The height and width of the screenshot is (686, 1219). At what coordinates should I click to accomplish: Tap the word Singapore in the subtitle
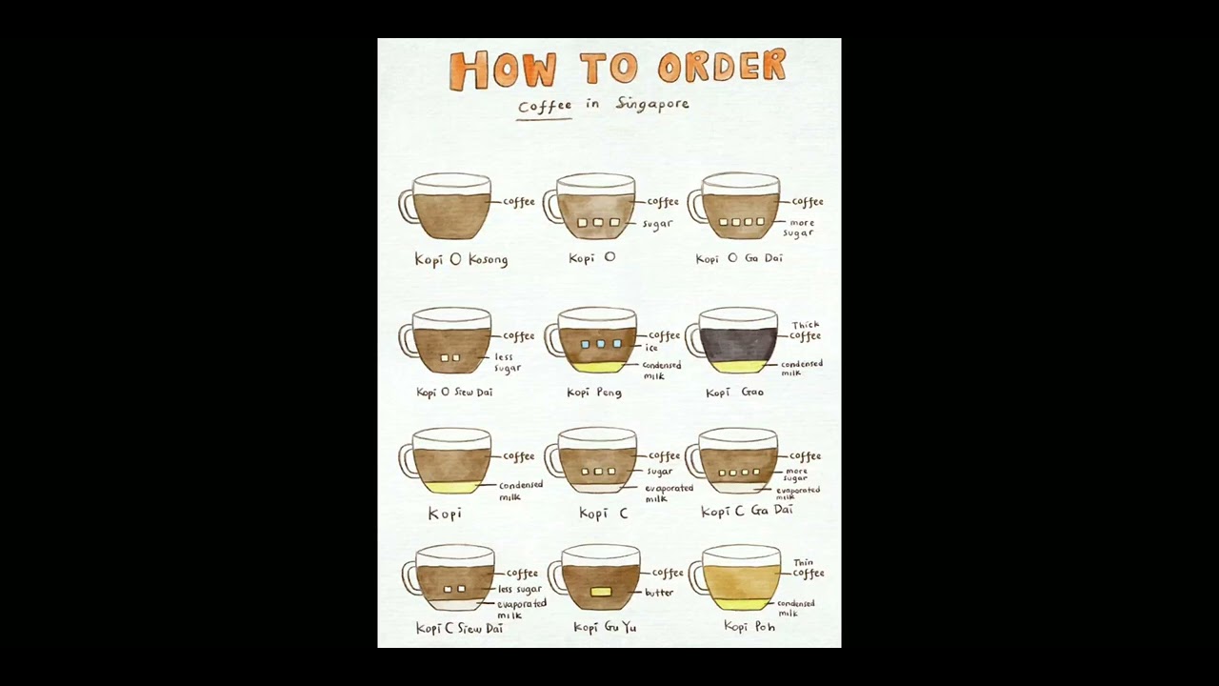click(652, 104)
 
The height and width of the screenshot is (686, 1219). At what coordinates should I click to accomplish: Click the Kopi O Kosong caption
click(461, 259)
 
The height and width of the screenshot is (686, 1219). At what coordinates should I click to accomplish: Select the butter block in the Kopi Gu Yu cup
click(601, 592)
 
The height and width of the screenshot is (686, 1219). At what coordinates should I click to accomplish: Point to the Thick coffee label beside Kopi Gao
click(805, 331)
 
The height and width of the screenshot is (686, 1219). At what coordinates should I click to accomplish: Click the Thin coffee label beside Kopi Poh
click(808, 568)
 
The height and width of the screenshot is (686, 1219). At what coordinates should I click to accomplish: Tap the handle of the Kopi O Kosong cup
click(408, 206)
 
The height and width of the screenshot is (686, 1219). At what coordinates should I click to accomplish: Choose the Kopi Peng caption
click(594, 393)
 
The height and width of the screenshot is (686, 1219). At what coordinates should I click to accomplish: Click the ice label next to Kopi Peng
click(651, 348)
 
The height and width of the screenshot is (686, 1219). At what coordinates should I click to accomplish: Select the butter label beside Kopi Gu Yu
click(659, 593)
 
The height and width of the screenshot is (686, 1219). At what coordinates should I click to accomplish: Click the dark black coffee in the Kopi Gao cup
click(739, 345)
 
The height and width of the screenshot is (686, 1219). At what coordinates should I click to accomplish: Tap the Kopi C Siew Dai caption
click(459, 629)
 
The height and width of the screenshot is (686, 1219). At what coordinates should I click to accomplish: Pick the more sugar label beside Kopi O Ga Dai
click(801, 228)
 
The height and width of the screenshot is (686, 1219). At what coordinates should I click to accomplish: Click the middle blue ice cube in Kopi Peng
click(601, 344)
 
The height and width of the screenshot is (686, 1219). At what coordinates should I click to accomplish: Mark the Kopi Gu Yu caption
click(605, 627)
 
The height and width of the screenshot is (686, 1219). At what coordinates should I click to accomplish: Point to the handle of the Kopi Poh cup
click(697, 576)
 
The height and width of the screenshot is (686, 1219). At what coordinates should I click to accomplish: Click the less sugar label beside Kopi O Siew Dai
click(507, 362)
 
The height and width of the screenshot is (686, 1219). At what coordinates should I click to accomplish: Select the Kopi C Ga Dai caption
click(747, 511)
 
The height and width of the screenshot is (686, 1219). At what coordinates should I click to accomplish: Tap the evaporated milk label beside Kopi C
click(668, 493)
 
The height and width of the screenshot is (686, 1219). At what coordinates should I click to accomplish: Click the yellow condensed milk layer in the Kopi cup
click(450, 487)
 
